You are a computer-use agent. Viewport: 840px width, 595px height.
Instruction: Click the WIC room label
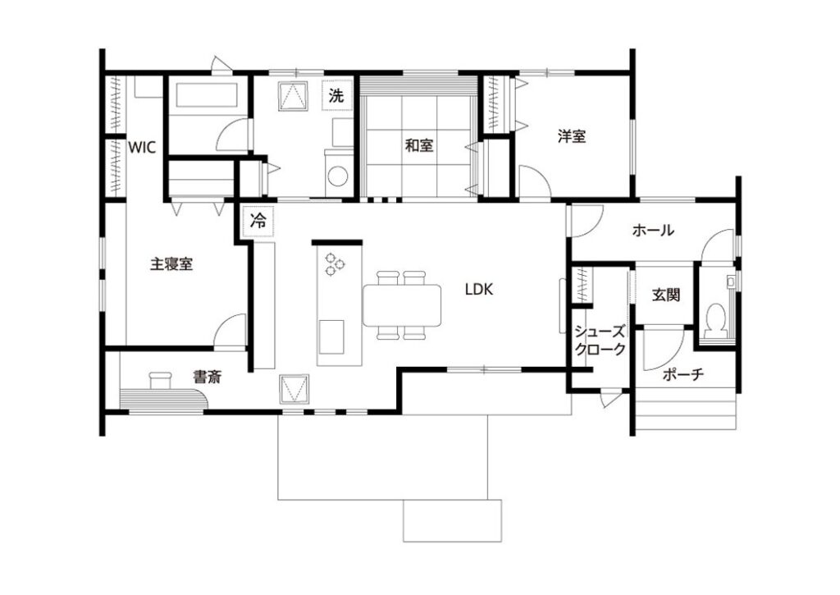pos(142,147)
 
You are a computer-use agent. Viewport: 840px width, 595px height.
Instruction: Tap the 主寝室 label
pos(171,263)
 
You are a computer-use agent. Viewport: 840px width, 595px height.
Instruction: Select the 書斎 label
pos(208,378)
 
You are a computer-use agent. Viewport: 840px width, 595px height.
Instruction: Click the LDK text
pos(478,290)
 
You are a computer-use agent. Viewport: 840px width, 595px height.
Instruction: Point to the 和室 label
pos(419,144)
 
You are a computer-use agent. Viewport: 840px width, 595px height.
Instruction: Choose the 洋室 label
pos(572,136)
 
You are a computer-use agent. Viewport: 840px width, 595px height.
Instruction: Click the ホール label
pos(653,231)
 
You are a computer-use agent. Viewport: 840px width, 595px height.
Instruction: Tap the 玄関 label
pos(666,295)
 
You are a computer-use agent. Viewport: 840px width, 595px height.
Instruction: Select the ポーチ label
pos(683,374)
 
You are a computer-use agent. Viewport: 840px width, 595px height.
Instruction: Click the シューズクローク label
pos(600,341)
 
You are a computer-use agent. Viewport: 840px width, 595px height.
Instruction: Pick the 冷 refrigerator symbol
pos(258,221)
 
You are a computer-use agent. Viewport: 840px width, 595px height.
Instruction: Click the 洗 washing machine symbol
pos(336,96)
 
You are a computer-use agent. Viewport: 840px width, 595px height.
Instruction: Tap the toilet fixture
pos(715,320)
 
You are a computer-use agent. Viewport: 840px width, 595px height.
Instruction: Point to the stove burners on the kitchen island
pos(336,263)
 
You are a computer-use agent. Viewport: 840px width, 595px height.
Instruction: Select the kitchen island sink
pos(331,337)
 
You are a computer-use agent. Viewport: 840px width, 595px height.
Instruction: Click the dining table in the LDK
pos(402,305)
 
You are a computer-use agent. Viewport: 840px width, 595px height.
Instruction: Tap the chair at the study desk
pos(160,380)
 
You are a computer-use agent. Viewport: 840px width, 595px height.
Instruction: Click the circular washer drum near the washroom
pos(338,176)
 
